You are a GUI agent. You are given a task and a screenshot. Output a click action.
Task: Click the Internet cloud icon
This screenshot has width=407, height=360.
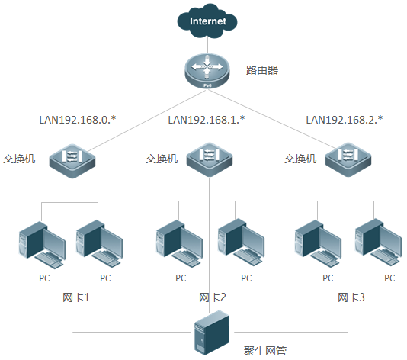[x=208, y=22]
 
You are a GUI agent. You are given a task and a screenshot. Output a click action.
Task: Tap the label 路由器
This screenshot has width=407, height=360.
[x=261, y=70]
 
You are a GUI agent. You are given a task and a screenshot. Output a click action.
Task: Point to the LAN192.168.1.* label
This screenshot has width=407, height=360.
[x=207, y=120]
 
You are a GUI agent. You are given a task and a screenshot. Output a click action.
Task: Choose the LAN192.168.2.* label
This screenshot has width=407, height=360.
[x=344, y=120]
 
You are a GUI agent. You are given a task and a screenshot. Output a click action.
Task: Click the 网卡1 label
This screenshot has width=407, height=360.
[x=75, y=297]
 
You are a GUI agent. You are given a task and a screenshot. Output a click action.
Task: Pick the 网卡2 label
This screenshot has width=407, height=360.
[x=213, y=297]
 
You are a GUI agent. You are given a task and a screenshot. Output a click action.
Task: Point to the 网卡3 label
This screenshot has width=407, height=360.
[x=351, y=297]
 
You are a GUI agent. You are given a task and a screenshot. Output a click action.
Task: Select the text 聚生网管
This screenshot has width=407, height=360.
[x=264, y=351]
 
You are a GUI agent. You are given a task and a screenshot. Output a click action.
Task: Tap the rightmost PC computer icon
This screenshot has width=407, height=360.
[x=381, y=243]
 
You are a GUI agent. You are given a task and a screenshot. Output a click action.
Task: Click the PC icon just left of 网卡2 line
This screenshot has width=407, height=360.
[x=181, y=243]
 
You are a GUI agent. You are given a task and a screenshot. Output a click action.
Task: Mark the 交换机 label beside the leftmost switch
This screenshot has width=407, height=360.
[x=18, y=159]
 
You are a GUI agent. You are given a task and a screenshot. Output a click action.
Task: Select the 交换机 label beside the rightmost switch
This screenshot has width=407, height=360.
[x=300, y=159]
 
